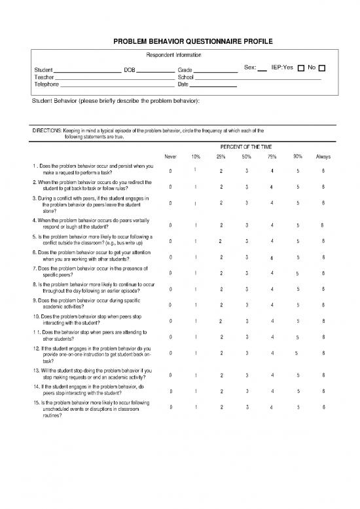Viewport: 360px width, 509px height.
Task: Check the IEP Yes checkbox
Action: tap(300, 68)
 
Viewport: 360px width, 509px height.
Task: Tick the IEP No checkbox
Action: tap(323, 68)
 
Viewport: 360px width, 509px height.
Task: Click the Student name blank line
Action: tap(86, 70)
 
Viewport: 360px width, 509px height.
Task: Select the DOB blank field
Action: tap(155, 70)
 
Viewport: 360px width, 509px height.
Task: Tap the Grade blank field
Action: tap(216, 70)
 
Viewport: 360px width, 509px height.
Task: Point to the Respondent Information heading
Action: tap(173, 55)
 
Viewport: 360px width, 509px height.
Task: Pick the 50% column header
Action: tap(246, 157)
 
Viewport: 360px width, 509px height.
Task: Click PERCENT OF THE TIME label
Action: tap(247, 147)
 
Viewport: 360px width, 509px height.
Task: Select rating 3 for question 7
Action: tap(246, 273)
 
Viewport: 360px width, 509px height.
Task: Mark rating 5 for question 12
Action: tap(297, 354)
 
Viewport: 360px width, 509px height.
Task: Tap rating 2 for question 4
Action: tap(221, 226)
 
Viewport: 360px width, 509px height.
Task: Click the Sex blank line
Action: tap(262, 69)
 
